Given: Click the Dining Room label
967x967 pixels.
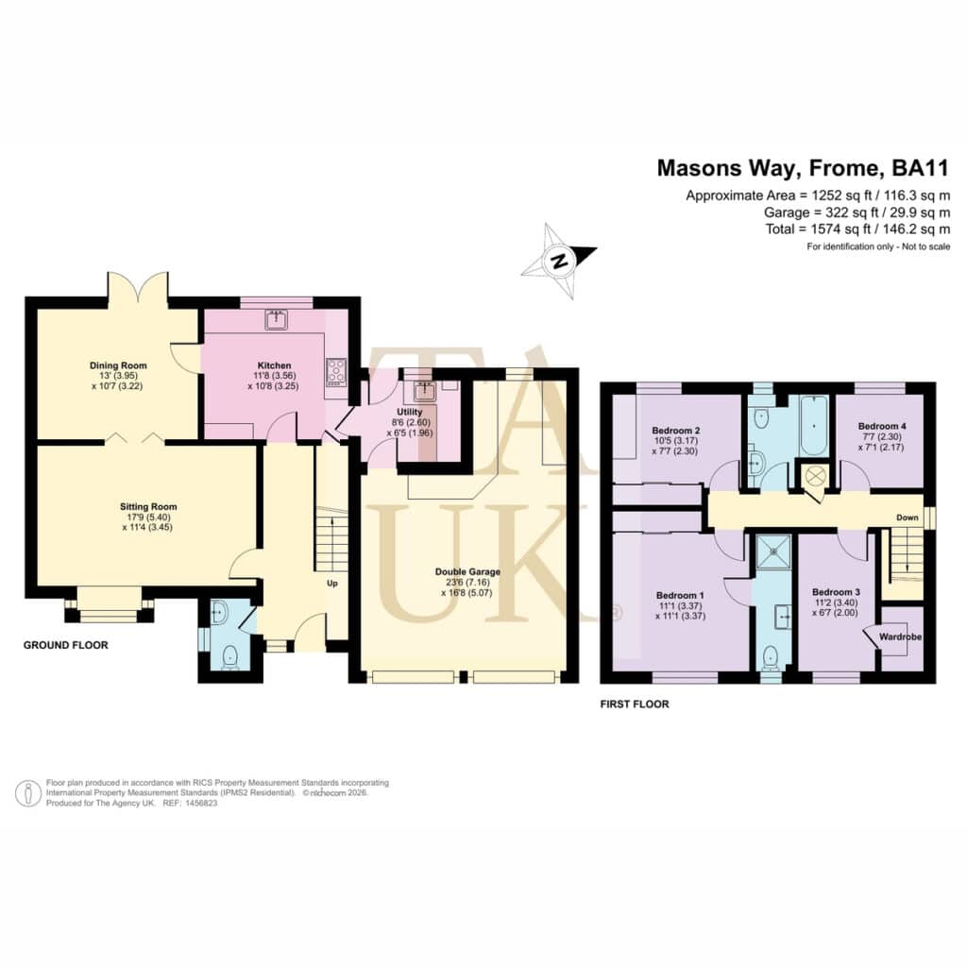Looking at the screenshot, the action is [118, 365].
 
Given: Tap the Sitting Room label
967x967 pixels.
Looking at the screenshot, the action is [148, 507].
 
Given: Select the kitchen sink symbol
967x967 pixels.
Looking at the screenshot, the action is [277, 320].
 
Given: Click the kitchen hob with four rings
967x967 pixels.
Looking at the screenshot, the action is [336, 372].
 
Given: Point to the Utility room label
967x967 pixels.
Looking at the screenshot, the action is [410, 412].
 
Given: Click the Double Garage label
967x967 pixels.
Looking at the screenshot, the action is [467, 571].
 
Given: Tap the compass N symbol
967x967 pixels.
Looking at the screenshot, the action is [560, 261].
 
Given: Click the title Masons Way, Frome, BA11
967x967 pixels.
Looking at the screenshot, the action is [804, 168].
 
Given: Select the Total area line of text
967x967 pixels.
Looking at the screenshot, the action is [857, 229].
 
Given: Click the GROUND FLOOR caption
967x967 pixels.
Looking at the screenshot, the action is [66, 645].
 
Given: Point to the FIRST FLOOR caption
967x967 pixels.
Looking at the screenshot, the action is [635, 704].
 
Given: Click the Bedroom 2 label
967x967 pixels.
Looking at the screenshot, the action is [676, 431].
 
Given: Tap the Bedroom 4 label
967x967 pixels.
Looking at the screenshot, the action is [882, 426].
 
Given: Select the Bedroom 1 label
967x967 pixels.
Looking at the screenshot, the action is [680, 596].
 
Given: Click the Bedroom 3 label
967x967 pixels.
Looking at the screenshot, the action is [837, 592].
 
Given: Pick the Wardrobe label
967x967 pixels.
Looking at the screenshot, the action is [900, 636].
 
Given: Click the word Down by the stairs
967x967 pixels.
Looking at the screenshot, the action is [908, 517].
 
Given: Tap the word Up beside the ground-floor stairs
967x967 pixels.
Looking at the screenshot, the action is [331, 584].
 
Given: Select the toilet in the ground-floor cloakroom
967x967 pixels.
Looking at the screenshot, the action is [230, 657].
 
